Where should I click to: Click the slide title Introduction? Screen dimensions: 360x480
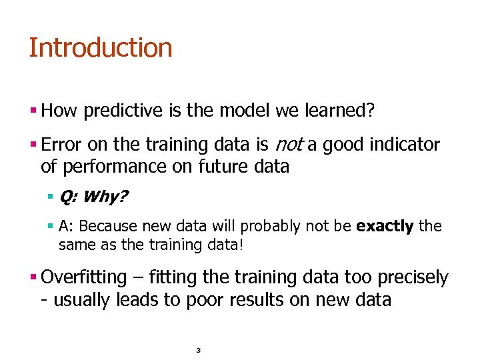click(x=100, y=48)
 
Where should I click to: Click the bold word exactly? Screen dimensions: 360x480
click(x=385, y=227)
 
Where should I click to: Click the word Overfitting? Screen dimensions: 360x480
click(x=83, y=277)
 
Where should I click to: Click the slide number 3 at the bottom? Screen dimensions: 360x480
click(x=199, y=350)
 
